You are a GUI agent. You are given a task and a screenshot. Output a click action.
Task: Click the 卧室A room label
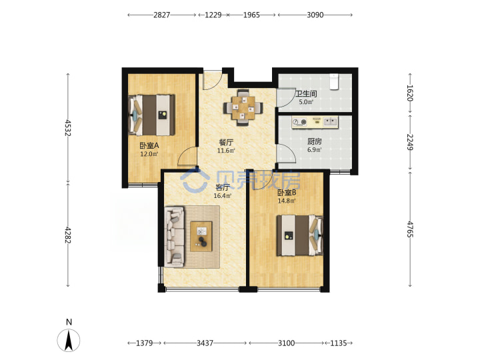coord(149,146)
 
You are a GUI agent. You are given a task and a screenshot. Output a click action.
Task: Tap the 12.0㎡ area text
coord(149,154)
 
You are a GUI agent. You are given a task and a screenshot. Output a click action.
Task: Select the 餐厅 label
coord(226,143)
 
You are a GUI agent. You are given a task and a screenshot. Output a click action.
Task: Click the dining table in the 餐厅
coord(243,108)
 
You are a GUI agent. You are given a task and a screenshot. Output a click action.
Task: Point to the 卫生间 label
coord(306,94)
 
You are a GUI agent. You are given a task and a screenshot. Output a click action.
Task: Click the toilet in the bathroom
coord(334,81)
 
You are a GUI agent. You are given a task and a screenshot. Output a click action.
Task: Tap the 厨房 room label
coord(315,141)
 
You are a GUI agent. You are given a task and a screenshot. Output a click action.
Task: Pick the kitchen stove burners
coord(299,122)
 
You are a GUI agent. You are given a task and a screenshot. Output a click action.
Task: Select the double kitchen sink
coord(330,122)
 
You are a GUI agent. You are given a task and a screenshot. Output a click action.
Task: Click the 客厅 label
coord(223,187)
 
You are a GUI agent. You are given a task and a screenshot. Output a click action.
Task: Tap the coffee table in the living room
coord(201,237)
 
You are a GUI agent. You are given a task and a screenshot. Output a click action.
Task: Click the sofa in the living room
coord(175,237)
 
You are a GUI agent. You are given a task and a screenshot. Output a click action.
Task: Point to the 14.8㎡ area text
coord(287,201)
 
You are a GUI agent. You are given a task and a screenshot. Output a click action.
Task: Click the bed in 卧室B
coord(300,235)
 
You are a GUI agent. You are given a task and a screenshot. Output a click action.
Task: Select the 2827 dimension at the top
coord(161,15)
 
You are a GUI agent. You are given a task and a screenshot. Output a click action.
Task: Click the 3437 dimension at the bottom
coord(205,343)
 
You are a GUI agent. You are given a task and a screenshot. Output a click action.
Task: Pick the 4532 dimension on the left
coord(67,128)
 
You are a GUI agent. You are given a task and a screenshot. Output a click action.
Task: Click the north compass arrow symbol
coord(69,340)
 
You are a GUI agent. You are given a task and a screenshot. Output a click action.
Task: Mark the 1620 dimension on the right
coord(410,93)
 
